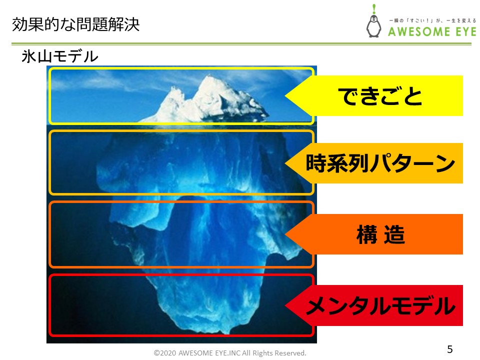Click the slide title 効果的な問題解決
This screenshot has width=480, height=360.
75,24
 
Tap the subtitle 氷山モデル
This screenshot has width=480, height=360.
59,56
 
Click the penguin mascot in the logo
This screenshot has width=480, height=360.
374,25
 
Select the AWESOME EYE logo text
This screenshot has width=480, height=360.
432,31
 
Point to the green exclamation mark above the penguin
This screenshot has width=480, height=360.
374,8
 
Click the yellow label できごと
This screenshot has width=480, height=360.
380,96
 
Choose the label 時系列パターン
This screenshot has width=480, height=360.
380,163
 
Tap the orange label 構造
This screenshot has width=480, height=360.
380,234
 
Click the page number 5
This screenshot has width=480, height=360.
449,349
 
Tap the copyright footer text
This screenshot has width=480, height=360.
230,353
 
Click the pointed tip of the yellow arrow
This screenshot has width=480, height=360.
285,96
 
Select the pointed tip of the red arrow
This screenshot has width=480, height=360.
285,305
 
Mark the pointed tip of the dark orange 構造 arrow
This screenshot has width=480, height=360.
285,234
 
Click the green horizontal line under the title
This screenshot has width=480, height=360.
241,44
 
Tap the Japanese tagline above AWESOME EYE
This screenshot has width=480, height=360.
432,20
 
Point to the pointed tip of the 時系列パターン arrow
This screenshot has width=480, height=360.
285,163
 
